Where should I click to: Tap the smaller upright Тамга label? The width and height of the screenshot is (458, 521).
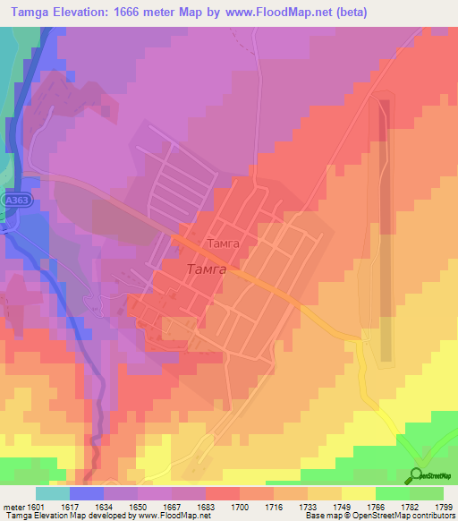point(223,243)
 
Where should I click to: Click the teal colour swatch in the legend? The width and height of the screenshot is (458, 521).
point(52,493)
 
